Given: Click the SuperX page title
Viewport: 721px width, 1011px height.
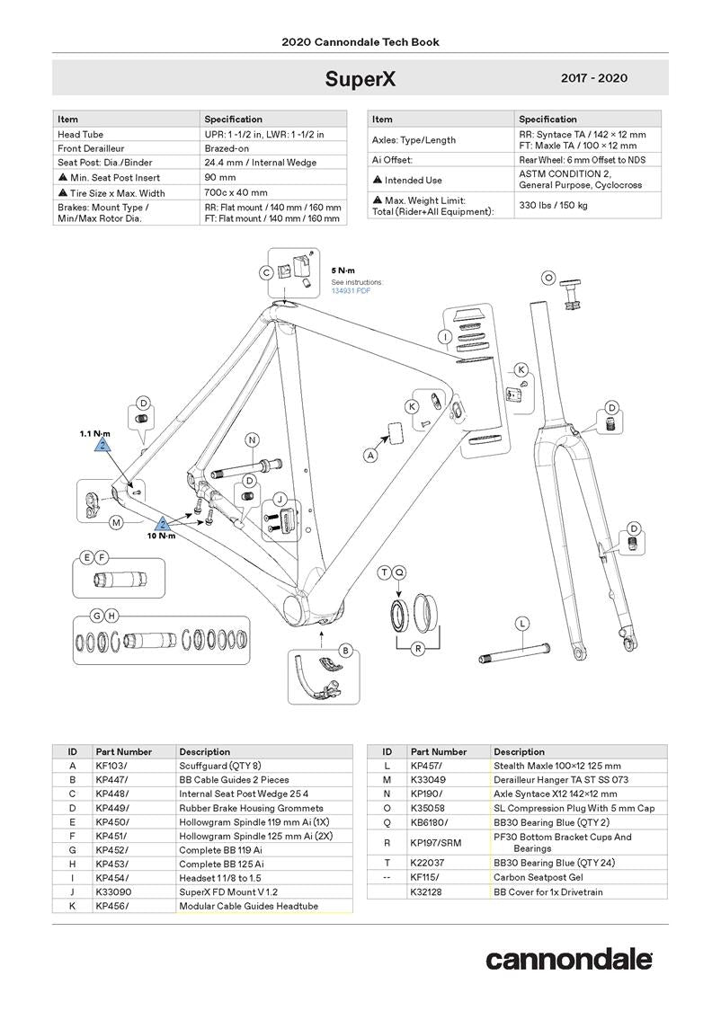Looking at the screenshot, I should click(360, 79).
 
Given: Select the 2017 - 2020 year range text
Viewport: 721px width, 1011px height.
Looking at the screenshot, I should click(593, 78).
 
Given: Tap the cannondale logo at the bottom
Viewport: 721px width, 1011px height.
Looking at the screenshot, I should click(569, 959).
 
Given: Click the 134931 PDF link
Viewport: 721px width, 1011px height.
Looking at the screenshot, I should click(351, 290).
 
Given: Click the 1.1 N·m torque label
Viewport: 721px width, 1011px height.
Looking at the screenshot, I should click(94, 433).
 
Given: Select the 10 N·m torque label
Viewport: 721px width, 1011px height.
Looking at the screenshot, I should click(162, 537).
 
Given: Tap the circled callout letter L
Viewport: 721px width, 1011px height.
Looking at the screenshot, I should click(521, 624).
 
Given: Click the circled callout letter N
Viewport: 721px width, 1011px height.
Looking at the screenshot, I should click(253, 439).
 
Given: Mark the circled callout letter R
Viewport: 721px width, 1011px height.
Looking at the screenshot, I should click(417, 648).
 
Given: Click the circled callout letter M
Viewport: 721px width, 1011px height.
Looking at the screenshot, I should click(115, 522).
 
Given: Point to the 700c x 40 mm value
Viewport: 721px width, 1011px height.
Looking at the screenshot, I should click(236, 192).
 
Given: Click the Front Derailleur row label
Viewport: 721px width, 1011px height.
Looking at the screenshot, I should click(91, 148).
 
